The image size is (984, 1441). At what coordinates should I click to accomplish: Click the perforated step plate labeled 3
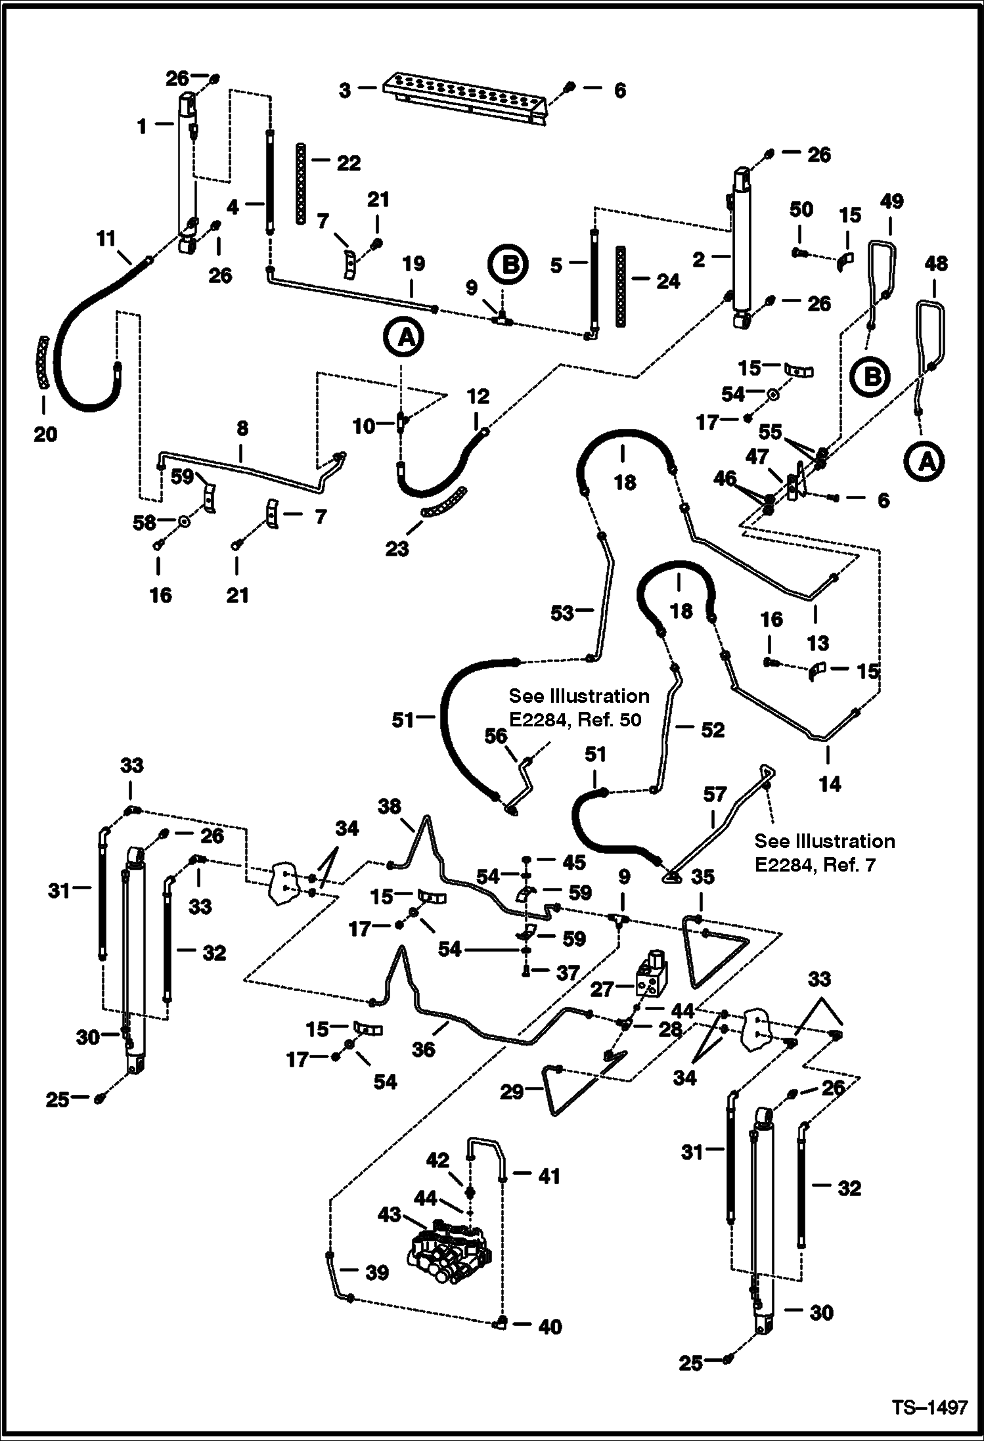[466, 99]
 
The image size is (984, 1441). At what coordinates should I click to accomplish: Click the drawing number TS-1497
[929, 1408]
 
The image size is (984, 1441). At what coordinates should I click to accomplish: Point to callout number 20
[45, 434]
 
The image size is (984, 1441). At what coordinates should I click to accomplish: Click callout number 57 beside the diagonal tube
[715, 795]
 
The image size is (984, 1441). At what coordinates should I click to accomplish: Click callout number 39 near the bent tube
[377, 1272]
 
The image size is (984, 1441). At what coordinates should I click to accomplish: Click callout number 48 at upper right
[935, 263]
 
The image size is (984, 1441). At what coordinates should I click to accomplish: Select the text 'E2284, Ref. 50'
[575, 720]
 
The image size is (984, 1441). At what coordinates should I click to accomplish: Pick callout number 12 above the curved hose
[478, 396]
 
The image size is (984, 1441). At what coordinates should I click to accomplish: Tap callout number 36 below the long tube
[424, 1049]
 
